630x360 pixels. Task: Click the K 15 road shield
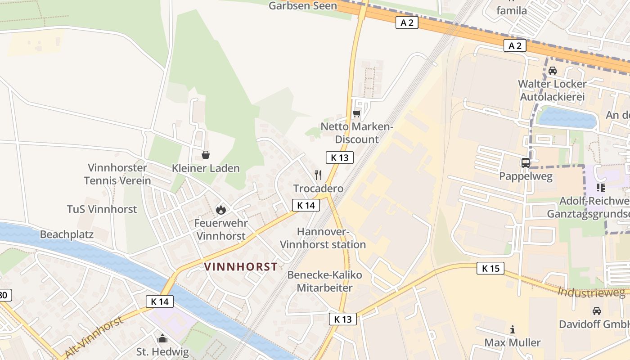(x=490, y=269)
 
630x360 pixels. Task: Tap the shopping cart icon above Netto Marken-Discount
(x=357, y=113)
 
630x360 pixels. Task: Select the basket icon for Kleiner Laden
(x=206, y=155)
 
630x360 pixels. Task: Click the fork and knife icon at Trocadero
(x=318, y=175)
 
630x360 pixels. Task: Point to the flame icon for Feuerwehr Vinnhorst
(x=220, y=209)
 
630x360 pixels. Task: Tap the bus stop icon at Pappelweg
(x=526, y=163)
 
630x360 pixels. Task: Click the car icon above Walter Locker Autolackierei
(x=553, y=71)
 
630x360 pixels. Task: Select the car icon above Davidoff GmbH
(x=596, y=310)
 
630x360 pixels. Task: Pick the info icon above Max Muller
(x=513, y=329)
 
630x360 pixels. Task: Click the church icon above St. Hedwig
(x=162, y=338)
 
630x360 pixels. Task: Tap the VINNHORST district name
(x=241, y=267)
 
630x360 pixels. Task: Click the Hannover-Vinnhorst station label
(x=323, y=238)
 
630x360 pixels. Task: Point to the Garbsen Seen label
(x=302, y=6)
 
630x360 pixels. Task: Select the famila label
(x=511, y=10)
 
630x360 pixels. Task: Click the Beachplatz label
(x=67, y=234)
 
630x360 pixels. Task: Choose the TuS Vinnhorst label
(x=102, y=209)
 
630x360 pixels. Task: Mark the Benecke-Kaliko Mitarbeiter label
(x=324, y=281)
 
